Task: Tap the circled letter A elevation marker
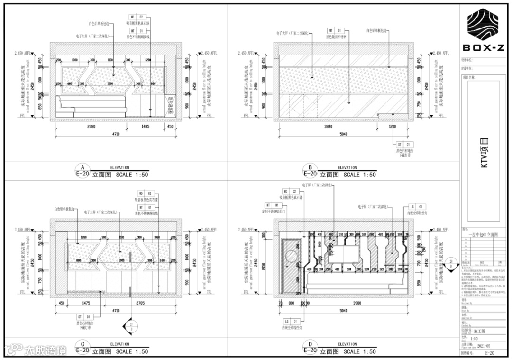(82, 168)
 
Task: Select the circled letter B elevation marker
(310, 168)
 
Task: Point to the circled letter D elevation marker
(310, 345)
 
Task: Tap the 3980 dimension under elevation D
(357, 303)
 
